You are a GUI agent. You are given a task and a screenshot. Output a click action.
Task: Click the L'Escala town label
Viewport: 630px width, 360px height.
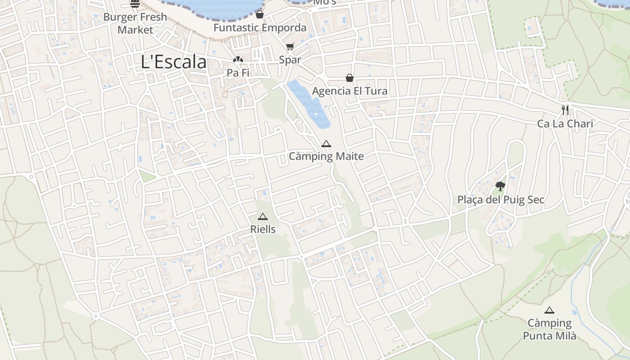click(x=174, y=62)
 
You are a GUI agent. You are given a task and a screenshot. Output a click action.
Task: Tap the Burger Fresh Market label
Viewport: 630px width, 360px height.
click(x=135, y=23)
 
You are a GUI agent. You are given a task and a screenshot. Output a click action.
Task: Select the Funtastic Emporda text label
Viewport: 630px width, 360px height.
click(x=260, y=28)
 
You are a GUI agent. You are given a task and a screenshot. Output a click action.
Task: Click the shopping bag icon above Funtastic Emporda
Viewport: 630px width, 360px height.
click(x=259, y=14)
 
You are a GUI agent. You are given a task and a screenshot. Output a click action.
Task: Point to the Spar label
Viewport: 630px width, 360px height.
click(x=290, y=60)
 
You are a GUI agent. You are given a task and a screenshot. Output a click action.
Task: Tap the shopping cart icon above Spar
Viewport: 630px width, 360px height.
click(x=290, y=47)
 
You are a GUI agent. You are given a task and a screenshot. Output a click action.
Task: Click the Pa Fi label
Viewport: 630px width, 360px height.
click(x=238, y=72)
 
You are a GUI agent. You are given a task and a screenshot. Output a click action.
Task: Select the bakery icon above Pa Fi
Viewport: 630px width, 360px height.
click(x=238, y=59)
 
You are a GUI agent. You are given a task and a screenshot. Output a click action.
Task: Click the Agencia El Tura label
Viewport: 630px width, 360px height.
click(x=350, y=91)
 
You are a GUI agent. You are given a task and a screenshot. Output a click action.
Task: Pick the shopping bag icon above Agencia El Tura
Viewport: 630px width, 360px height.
click(x=349, y=78)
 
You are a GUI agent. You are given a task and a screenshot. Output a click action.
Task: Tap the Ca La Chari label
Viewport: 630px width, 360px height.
click(x=565, y=123)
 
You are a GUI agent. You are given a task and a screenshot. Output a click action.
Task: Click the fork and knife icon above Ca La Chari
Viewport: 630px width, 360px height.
click(x=565, y=110)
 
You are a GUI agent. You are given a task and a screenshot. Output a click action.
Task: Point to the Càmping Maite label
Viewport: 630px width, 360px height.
click(x=326, y=157)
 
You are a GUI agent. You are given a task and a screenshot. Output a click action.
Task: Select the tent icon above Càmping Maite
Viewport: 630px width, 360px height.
click(x=326, y=144)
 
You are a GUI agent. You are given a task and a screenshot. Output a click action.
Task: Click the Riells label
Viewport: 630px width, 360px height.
click(x=263, y=229)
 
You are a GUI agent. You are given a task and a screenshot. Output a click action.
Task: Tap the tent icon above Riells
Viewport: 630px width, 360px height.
click(x=263, y=216)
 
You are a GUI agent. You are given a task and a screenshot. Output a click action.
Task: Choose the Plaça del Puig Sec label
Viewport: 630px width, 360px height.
click(x=500, y=199)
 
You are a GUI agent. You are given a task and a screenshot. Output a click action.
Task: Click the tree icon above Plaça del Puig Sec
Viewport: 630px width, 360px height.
click(x=500, y=186)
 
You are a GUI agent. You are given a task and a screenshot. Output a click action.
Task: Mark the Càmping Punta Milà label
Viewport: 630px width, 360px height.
click(x=549, y=329)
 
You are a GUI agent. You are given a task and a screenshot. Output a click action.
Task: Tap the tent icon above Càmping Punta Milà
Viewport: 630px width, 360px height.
click(x=549, y=310)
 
